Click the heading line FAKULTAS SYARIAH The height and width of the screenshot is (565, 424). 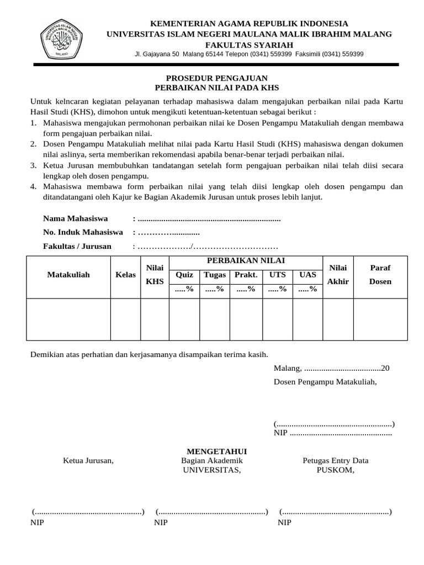(249, 44)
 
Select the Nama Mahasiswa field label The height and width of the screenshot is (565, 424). (76, 218)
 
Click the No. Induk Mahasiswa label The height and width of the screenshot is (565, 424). (83, 232)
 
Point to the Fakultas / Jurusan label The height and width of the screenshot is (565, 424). (77, 246)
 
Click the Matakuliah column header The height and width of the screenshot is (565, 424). (68, 274)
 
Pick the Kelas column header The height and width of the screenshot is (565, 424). (126, 274)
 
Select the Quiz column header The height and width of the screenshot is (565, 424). (184, 274)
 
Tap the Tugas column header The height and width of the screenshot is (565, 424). (215, 274)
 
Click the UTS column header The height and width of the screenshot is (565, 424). (278, 274)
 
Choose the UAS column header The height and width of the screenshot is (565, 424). (308, 274)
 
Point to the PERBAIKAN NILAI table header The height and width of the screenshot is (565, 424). (246, 260)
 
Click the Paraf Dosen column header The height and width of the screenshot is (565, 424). (380, 274)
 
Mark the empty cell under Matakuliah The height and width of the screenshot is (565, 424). (68, 319)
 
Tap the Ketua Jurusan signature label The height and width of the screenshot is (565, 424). (88, 461)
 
